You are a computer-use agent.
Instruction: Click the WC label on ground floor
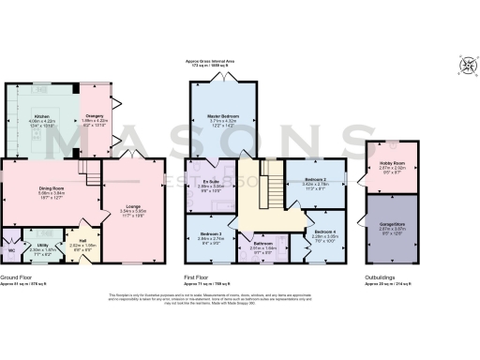coord(10,249)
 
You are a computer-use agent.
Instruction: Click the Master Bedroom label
coord(223,117)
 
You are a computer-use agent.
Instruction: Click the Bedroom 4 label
coord(324,231)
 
